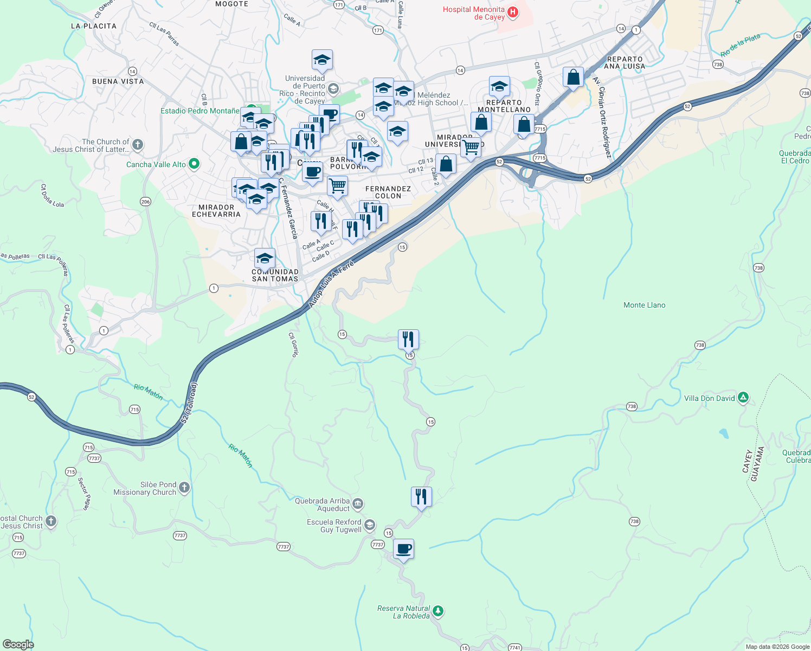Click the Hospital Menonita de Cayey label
[473, 13]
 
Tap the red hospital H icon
[512, 12]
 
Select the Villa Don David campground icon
[743, 398]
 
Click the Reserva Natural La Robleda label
[403, 612]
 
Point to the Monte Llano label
[644, 305]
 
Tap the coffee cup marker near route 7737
[403, 549]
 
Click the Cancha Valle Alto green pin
[194, 164]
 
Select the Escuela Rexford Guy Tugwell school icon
[369, 525]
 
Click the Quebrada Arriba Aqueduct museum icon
[358, 504]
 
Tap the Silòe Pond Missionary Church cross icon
[184, 488]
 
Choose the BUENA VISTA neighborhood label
[118, 81]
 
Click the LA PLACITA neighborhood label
[94, 26]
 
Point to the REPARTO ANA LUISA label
[625, 62]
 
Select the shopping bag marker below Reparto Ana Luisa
[573, 78]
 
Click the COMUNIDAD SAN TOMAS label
[275, 275]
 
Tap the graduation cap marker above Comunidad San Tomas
[265, 258]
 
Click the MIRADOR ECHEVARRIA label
[216, 210]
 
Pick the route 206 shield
[145, 202]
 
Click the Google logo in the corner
[18, 644]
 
